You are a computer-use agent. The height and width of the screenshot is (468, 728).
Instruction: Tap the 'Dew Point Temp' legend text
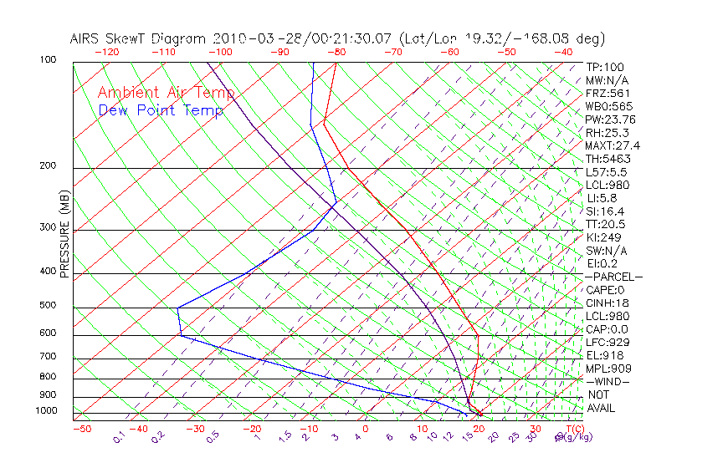click(x=161, y=110)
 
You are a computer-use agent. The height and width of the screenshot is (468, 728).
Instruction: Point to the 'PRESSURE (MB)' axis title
click(x=65, y=235)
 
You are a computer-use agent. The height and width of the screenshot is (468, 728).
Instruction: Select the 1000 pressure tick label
click(x=49, y=411)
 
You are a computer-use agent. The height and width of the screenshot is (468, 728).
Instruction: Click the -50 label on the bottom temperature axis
click(x=81, y=430)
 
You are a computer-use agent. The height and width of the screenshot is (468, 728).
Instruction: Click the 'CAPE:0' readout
click(x=607, y=290)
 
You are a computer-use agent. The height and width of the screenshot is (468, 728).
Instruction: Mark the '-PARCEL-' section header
click(x=613, y=277)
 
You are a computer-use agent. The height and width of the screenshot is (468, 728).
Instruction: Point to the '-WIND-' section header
click(x=608, y=382)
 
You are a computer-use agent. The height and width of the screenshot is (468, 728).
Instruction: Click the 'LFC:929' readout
click(x=608, y=343)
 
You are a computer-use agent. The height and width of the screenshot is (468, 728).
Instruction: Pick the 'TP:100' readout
click(x=605, y=68)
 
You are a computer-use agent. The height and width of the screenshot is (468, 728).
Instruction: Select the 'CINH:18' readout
click(x=608, y=303)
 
